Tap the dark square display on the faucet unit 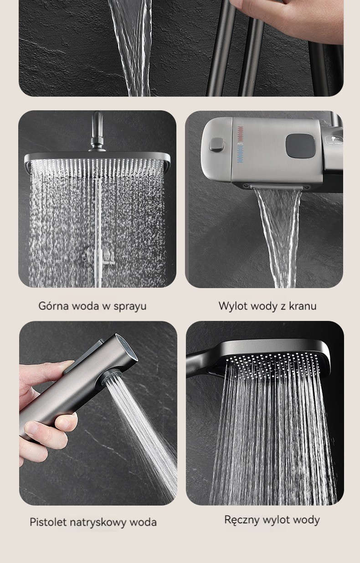tap(300, 145)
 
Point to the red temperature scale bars tap(241, 134)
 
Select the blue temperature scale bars tap(241, 155)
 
